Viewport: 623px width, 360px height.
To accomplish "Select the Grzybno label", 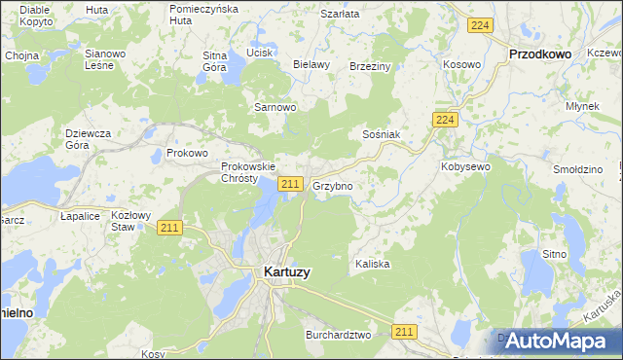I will [x=332, y=185].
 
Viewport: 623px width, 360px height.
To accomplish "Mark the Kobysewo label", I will [x=465, y=166].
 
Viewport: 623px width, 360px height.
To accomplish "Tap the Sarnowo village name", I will [x=274, y=106].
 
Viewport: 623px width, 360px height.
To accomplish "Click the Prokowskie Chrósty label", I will [x=239, y=172].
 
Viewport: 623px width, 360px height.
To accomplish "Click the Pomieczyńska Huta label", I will [x=202, y=14].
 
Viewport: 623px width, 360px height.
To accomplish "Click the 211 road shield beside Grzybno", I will [x=289, y=184].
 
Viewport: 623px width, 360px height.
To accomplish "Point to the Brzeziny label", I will [x=369, y=66].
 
